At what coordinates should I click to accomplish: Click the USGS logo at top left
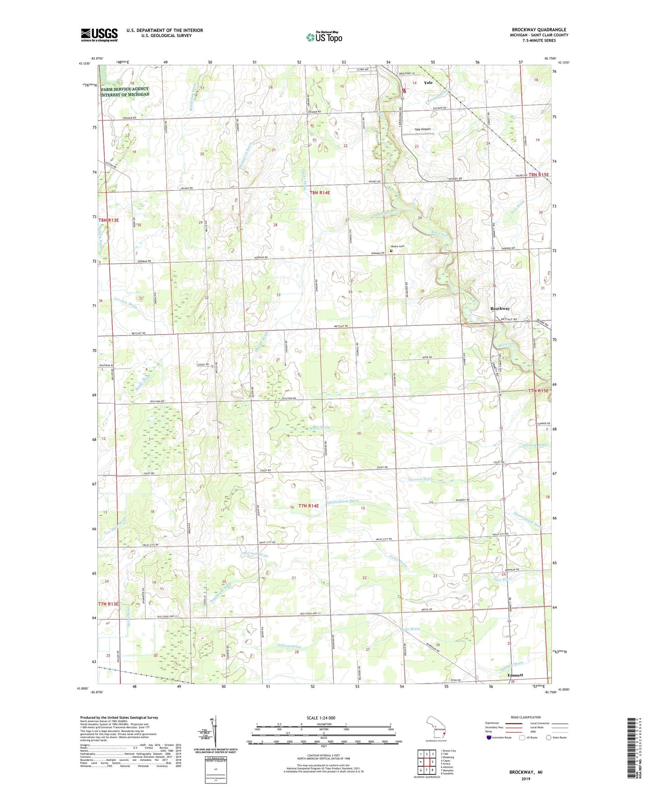pyautogui.click(x=99, y=35)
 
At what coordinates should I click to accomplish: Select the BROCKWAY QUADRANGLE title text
pyautogui.click(x=539, y=30)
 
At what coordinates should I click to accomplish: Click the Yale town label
pyautogui.click(x=428, y=83)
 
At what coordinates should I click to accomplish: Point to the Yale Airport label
pyautogui.click(x=423, y=129)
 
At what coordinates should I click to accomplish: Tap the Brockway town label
pyautogui.click(x=500, y=309)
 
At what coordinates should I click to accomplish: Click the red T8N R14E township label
pyautogui.click(x=319, y=193)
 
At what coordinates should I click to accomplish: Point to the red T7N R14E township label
pyautogui.click(x=308, y=506)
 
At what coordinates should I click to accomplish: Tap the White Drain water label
pyautogui.click(x=319, y=428)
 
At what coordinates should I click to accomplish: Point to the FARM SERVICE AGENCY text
pyautogui.click(x=125, y=89)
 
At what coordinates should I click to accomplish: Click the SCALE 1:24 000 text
pyautogui.click(x=321, y=718)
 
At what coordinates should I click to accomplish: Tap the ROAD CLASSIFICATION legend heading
pyautogui.click(x=526, y=717)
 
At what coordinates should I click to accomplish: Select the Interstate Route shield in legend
pyautogui.click(x=489, y=738)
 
